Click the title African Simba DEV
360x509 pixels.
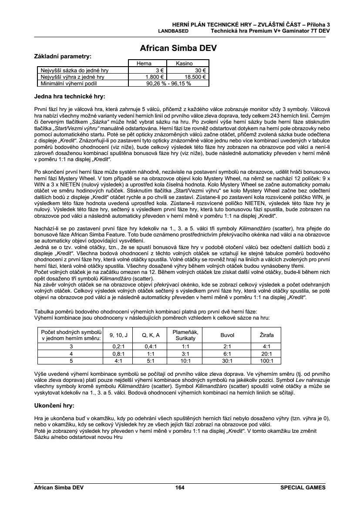(x=178, y=48)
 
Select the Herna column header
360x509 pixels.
(x=144, y=64)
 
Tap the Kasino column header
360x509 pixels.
(x=184, y=64)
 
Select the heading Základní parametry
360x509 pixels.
(x=63, y=56)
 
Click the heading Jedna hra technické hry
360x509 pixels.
(x=69, y=96)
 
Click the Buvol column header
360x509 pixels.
(x=227, y=335)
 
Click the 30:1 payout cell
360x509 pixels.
(x=227, y=361)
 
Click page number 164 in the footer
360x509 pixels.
(x=180, y=488)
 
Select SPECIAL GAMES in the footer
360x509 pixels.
(x=303, y=488)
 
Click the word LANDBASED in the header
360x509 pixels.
(x=173, y=31)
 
